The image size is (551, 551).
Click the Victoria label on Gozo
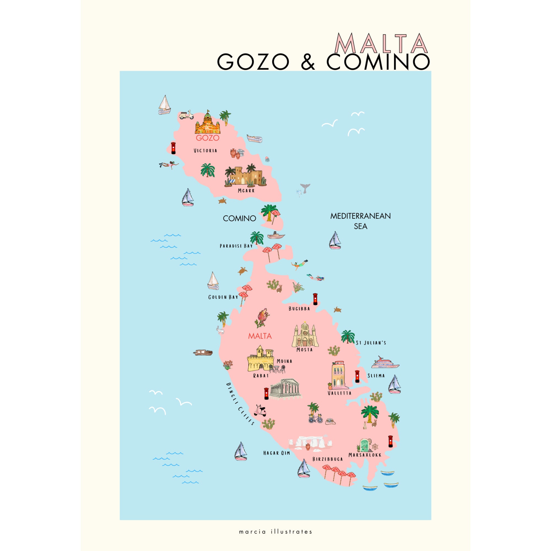tap(205, 151)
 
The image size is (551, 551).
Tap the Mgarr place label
tap(246, 191)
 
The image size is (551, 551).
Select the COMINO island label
tap(239, 218)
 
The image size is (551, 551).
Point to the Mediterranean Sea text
tap(360, 221)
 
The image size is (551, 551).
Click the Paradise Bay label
tap(236, 246)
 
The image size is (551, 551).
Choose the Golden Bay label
tap(223, 297)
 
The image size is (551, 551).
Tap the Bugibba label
tap(299, 309)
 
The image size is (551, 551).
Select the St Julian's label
tap(371, 343)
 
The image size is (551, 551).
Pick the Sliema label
tap(376, 376)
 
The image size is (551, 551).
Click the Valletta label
tap(339, 393)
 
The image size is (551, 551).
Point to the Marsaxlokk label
tap(365, 455)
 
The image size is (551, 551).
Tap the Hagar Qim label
tap(276, 453)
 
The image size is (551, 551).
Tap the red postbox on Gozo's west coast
tap(173, 148)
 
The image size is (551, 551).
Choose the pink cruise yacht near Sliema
tap(385, 363)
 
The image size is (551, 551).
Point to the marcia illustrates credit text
tap(275, 532)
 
